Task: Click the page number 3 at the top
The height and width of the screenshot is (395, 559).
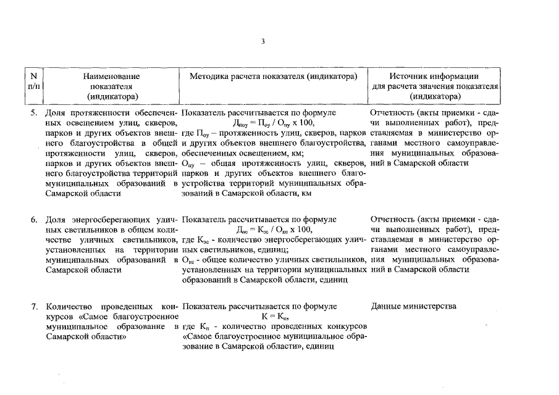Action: coord(262,41)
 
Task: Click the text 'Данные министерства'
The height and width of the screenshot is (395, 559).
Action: coord(414,306)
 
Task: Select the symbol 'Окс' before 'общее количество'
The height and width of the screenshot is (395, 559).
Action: coord(189,260)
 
